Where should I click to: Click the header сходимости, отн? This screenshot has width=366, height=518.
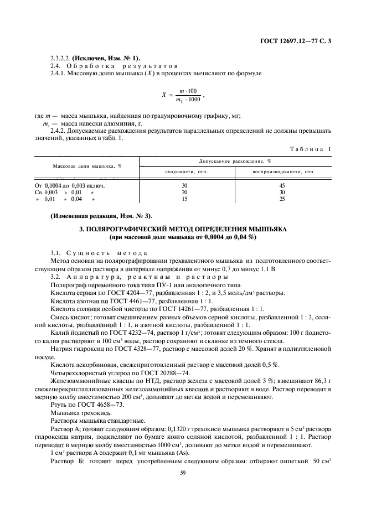[x=184, y=172]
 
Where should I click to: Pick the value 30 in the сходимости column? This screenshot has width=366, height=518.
[x=184, y=185]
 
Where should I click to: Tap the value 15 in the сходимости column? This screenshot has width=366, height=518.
[x=184, y=199]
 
